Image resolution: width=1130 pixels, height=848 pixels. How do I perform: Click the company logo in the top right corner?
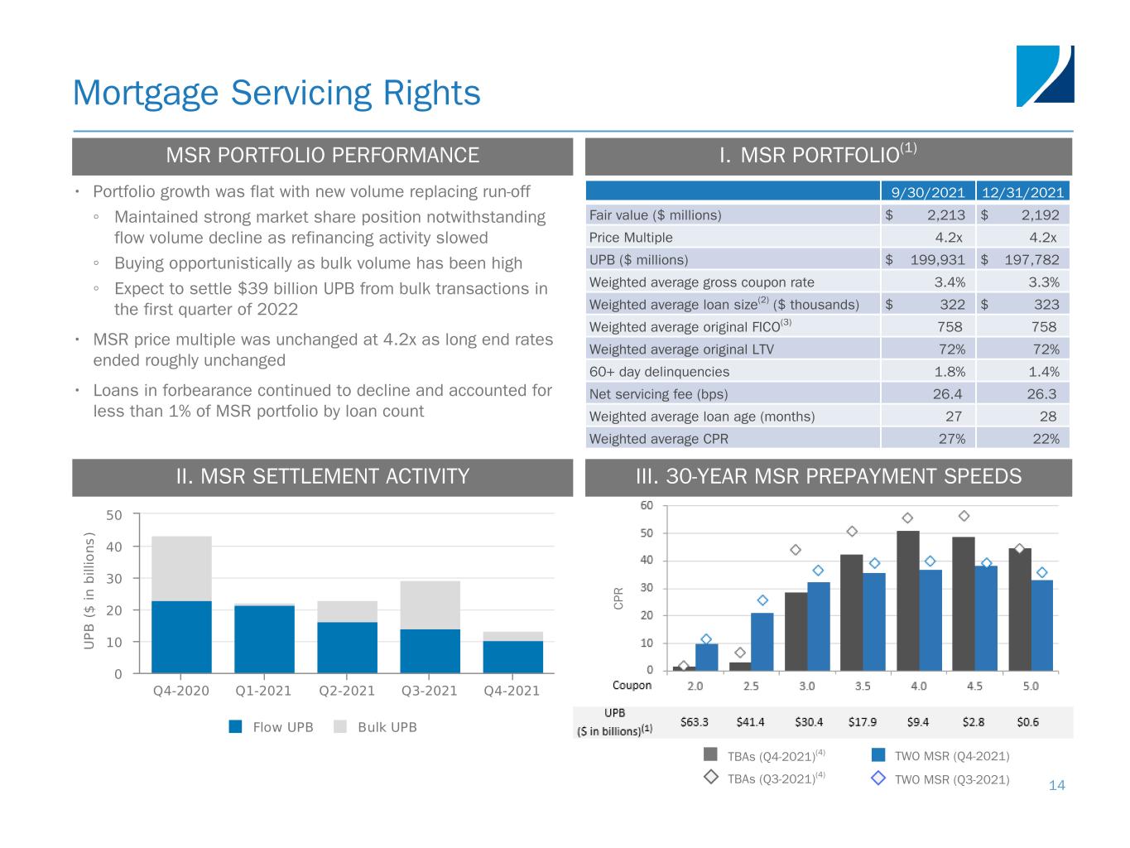click(1045, 76)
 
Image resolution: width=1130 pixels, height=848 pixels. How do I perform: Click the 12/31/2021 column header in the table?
click(1022, 192)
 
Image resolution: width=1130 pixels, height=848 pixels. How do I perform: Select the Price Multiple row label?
click(631, 238)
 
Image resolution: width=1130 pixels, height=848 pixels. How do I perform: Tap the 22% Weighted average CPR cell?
click(1046, 439)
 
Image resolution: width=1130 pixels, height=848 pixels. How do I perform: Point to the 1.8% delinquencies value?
click(950, 372)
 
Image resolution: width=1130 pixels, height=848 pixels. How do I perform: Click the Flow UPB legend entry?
click(272, 727)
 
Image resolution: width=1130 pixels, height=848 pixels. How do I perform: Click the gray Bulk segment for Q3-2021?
click(430, 605)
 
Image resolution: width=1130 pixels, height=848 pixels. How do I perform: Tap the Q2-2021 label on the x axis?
click(347, 691)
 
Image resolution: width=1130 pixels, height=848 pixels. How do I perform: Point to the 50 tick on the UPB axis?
click(114, 515)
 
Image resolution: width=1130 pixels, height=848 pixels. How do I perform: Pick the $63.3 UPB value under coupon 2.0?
click(695, 722)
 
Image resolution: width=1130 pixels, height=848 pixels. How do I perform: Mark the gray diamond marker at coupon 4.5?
click(964, 516)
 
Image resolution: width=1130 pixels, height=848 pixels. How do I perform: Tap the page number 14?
click(1056, 785)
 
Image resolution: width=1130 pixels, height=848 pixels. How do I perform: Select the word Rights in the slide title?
click(431, 93)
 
